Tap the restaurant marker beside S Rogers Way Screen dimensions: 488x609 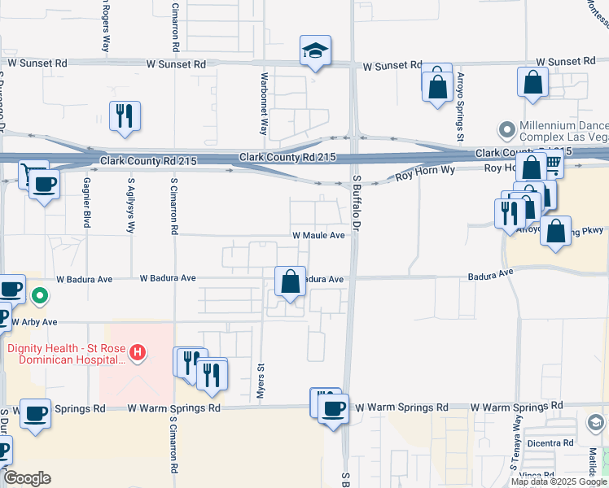tap(125, 116)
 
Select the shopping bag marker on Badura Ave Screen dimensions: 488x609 tap(291, 282)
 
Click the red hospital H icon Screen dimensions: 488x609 tap(139, 352)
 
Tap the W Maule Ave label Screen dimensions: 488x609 tap(319, 235)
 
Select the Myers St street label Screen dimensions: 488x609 tap(261, 381)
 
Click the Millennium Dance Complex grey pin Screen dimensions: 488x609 tap(507, 129)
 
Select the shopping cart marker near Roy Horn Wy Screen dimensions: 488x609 tap(552, 165)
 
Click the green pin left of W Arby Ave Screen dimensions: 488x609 tap(37, 296)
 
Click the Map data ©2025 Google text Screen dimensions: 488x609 tap(558, 481)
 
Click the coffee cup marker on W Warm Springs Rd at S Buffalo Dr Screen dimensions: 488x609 tap(332, 408)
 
